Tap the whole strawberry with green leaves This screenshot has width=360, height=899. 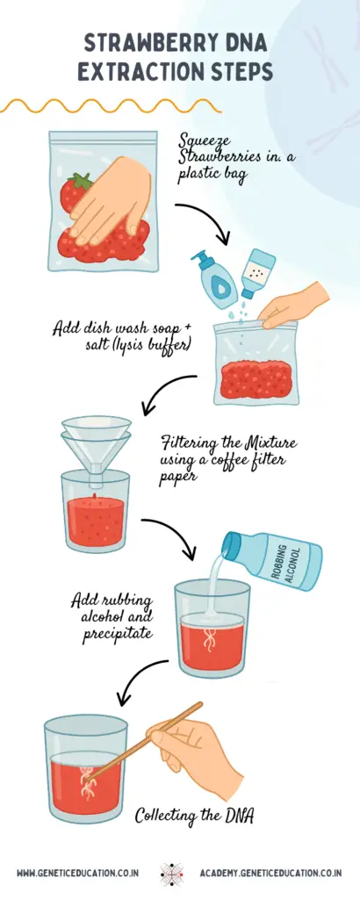[x=76, y=192]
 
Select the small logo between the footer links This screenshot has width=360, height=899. [x=172, y=873]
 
